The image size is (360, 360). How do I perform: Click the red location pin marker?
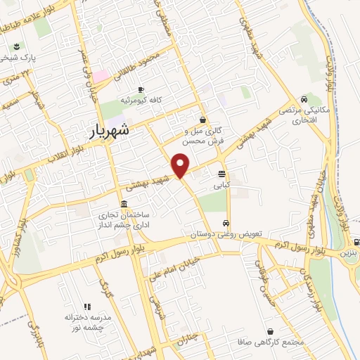coord(181,166)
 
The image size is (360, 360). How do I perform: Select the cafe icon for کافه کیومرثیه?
coord(141,89)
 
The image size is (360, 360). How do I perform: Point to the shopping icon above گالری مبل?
coord(203,119)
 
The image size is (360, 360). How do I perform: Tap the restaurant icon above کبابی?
coord(223,174)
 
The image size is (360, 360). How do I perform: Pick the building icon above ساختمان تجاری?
coord(124,204)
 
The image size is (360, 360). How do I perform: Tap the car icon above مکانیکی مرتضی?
coord(303,99)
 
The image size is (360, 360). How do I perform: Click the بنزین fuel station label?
coord(349,252)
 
